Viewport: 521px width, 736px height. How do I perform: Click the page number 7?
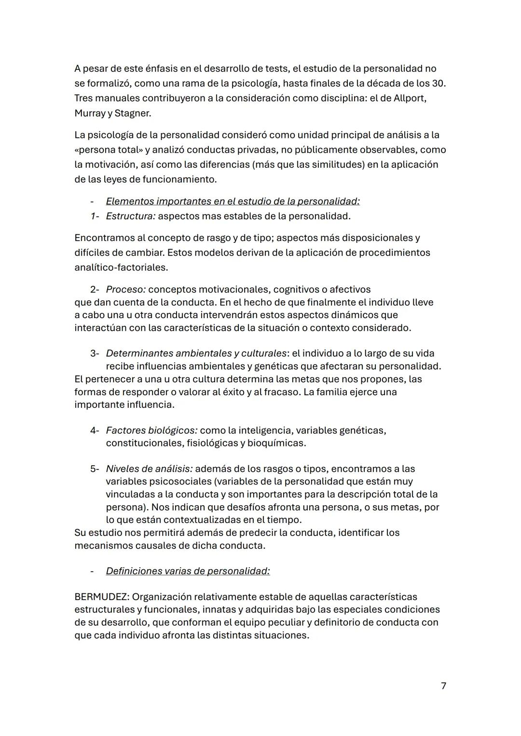(443, 686)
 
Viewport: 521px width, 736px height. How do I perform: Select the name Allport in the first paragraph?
(410, 98)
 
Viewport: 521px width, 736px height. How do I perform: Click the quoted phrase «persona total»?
(107, 150)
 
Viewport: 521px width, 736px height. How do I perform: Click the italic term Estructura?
(131, 216)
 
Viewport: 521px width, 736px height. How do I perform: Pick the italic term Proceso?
(126, 289)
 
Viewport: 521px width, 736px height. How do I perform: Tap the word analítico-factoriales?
(121, 267)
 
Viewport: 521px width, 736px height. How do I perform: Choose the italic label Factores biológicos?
(151, 430)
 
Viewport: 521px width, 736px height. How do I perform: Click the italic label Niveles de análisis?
(149, 468)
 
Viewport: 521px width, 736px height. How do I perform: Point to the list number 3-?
(95, 353)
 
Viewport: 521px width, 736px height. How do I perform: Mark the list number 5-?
(95, 468)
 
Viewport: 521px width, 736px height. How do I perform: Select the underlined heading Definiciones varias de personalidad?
(188, 571)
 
